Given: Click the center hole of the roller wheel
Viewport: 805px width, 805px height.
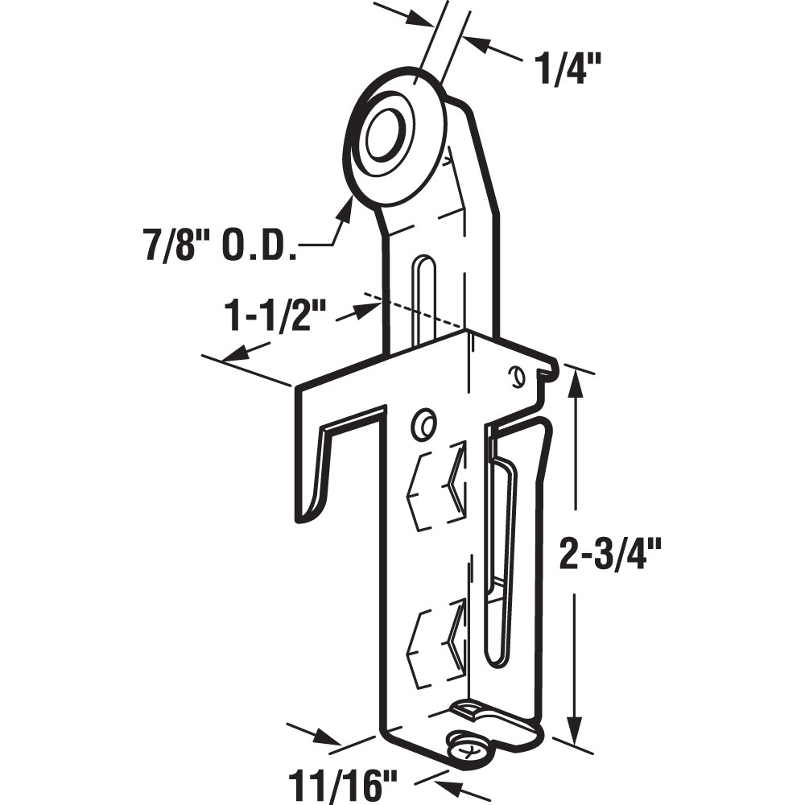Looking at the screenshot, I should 384,138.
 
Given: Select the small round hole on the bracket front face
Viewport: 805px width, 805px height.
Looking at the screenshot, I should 422,424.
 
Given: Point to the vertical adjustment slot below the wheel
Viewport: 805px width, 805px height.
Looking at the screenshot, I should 423,298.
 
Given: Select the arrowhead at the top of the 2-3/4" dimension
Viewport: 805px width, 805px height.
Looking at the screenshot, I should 575,383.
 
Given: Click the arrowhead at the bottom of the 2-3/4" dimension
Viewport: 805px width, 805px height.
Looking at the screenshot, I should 575,729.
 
